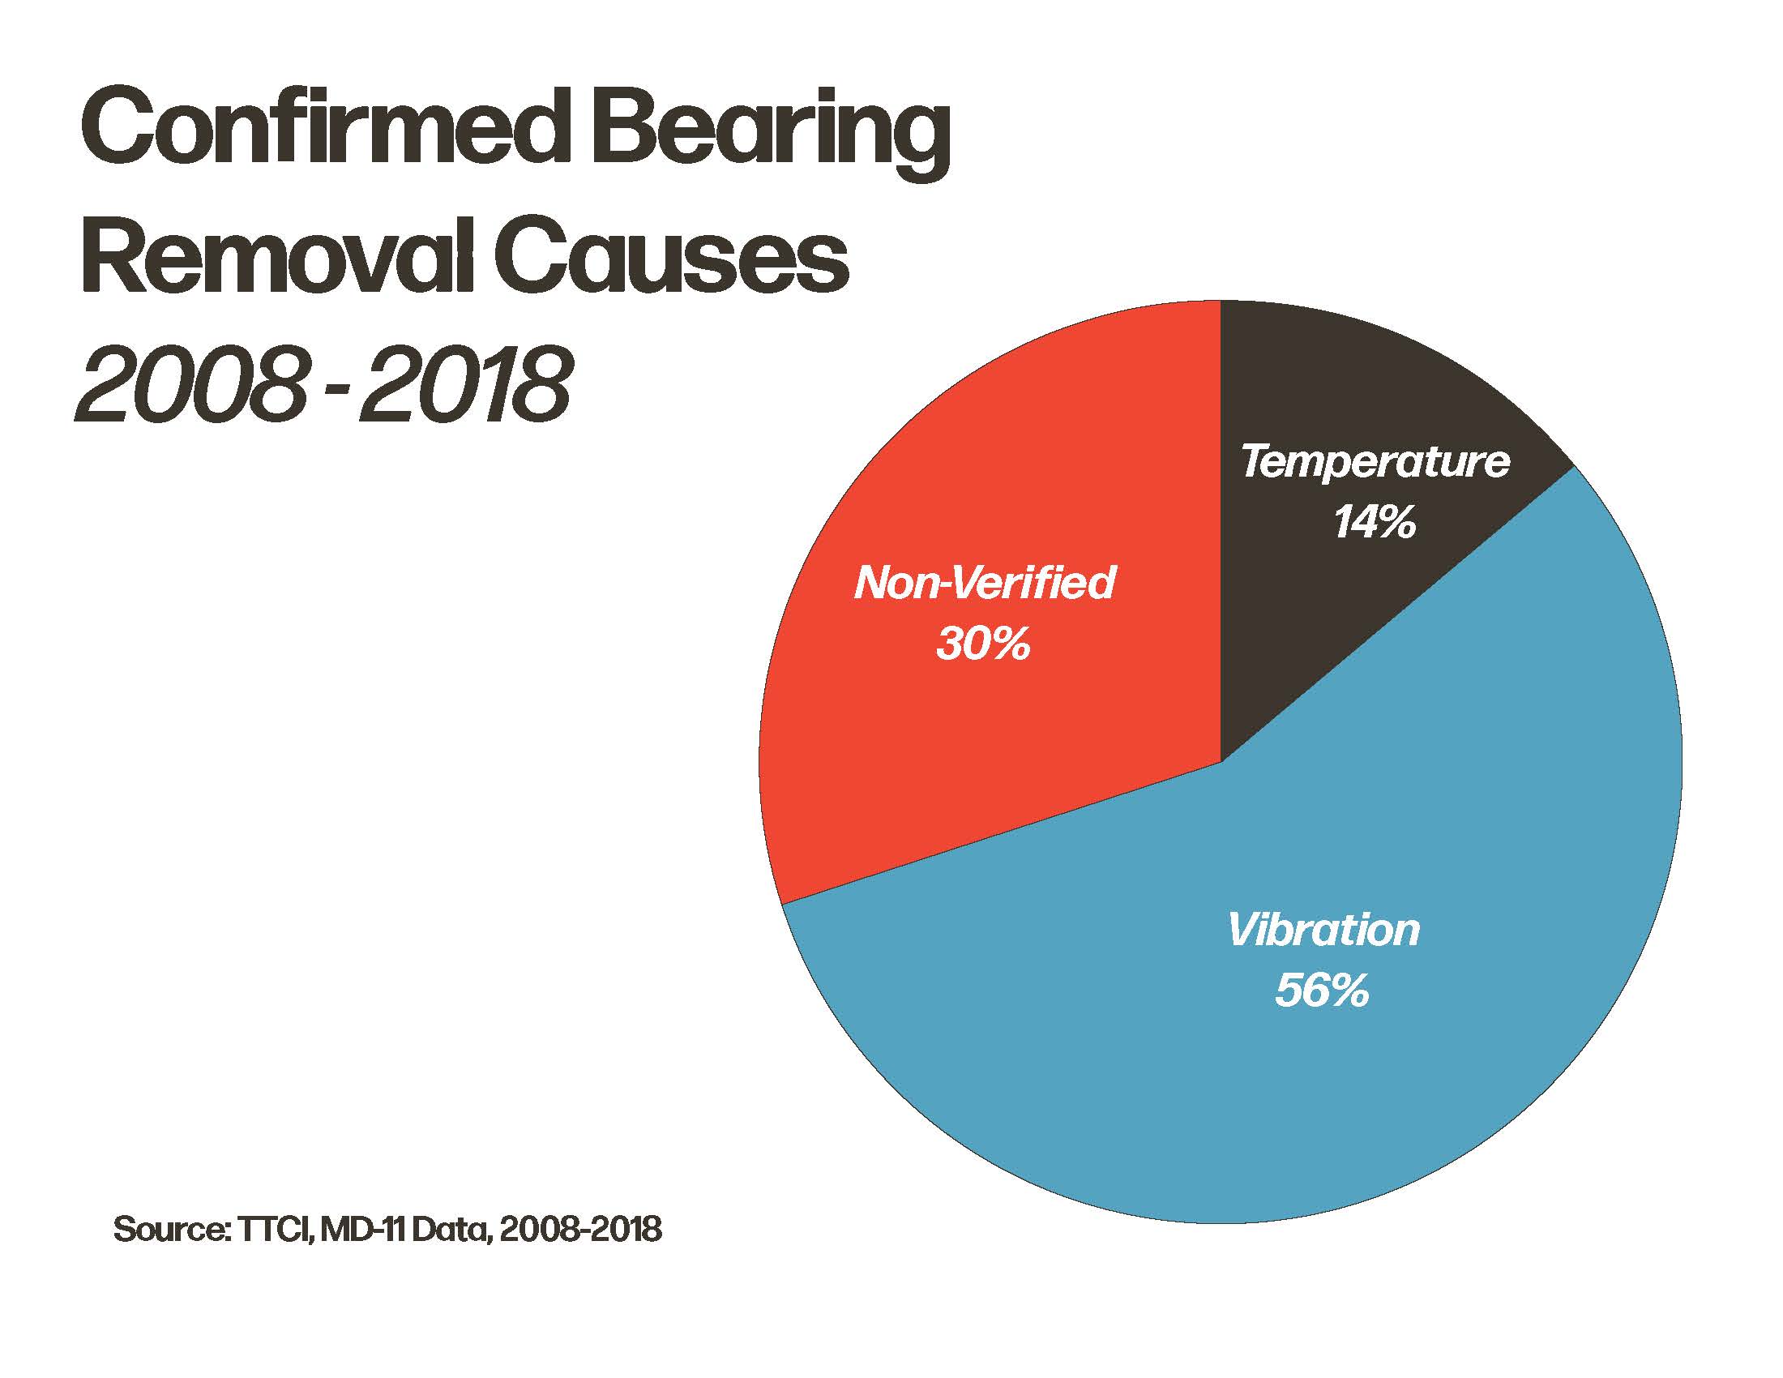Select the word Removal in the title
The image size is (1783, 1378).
pos(278,257)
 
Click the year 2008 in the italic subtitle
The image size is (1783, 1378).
pos(196,383)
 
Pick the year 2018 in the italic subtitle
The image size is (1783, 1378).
pos(465,383)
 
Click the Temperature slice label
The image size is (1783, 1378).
pos(1375,462)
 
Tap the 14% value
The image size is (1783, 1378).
pos(1375,522)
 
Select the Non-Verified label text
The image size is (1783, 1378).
pos(985,583)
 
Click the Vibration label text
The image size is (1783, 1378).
pos(1323,930)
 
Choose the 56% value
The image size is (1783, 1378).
pos(1322,991)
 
